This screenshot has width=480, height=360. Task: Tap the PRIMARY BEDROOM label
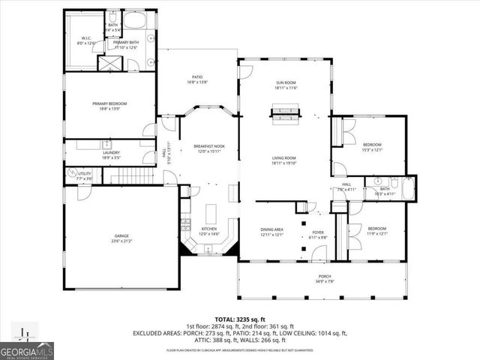click(109, 103)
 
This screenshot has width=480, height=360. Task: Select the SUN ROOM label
click(286, 84)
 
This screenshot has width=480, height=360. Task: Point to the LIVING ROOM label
click(285, 158)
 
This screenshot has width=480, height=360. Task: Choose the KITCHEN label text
click(208, 229)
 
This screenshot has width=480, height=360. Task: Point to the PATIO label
click(197, 76)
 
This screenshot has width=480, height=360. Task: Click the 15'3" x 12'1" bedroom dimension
click(373, 149)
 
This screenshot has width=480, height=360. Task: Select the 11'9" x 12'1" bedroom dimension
click(376, 233)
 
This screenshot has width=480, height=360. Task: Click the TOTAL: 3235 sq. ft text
click(240, 318)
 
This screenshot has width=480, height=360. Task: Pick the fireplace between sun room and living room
click(286, 115)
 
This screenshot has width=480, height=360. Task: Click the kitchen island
click(211, 211)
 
